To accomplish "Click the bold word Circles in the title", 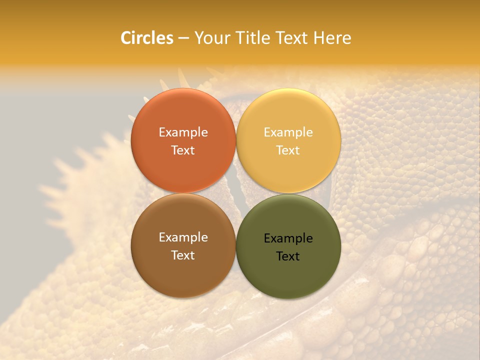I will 147,38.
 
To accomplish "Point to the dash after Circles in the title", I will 183,38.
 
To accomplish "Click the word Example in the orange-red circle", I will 183,132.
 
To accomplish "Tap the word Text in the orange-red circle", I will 183,150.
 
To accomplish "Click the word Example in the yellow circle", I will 288,132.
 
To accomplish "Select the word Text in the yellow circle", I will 288,150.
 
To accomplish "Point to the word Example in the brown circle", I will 183,237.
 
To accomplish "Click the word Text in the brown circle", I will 183,255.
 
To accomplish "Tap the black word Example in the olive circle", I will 288,238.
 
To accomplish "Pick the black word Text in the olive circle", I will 288,256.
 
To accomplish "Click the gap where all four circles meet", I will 236,193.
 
